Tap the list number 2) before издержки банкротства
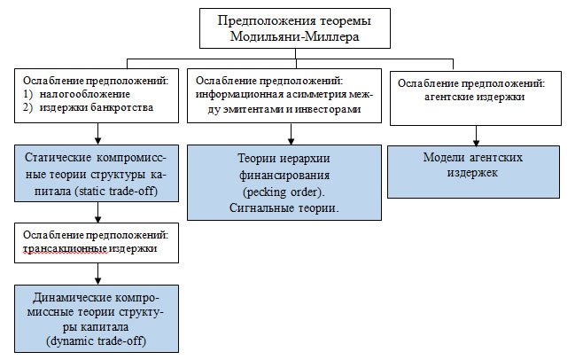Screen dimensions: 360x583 tap(27, 107)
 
